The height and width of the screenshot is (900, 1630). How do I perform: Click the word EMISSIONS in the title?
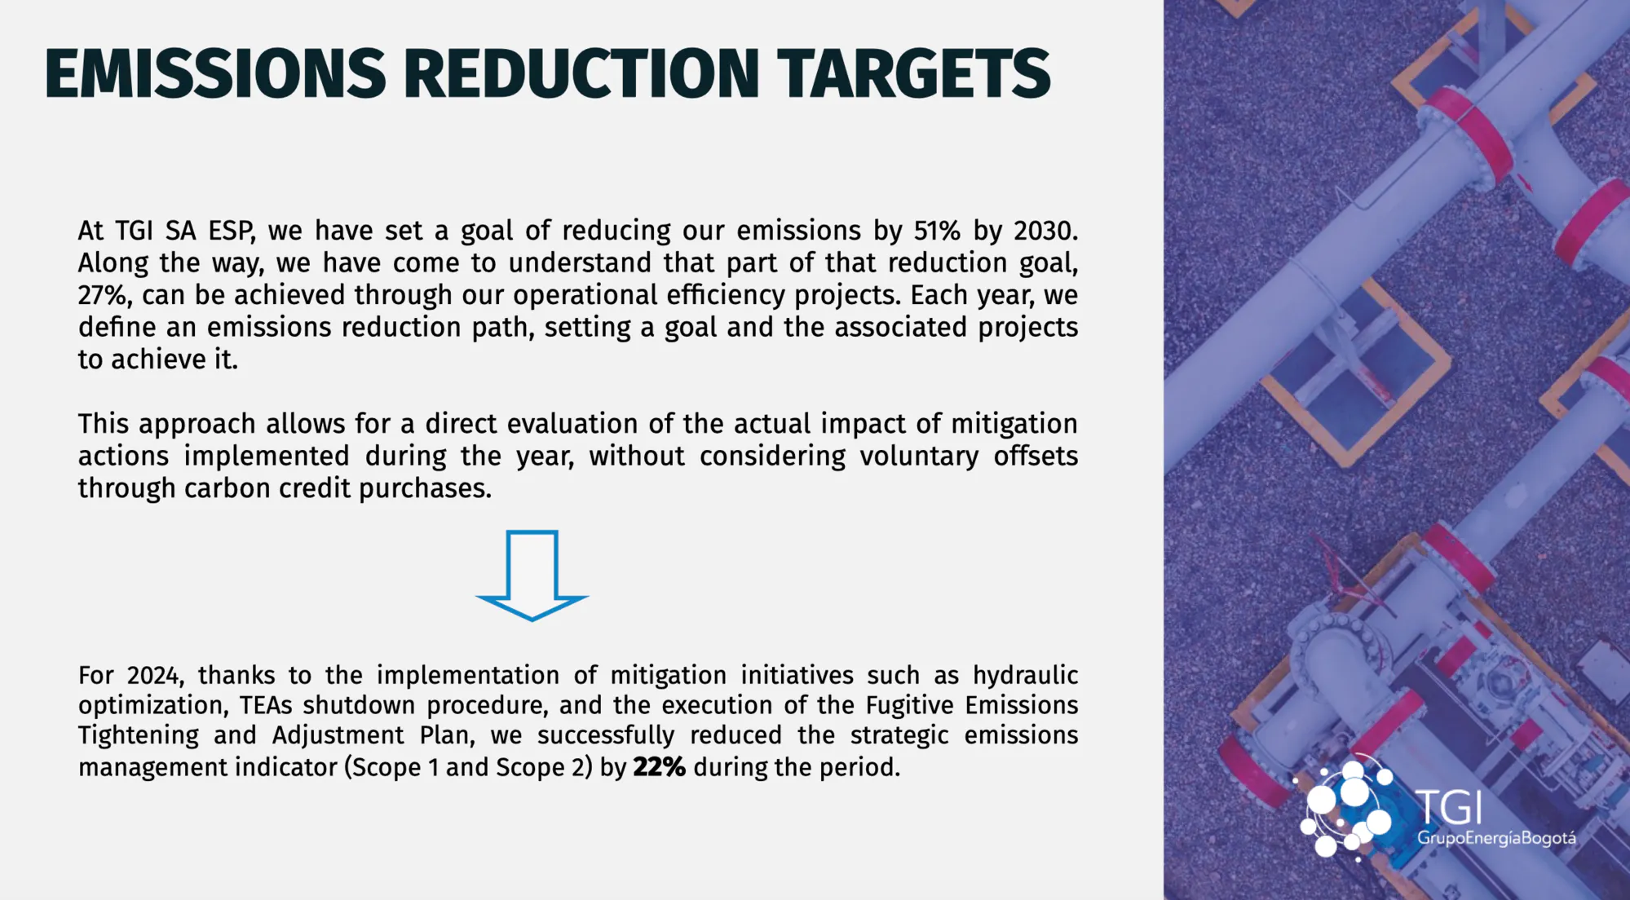click(215, 74)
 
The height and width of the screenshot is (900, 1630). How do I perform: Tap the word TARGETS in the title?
click(913, 74)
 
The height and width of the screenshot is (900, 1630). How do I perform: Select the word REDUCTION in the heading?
click(581, 74)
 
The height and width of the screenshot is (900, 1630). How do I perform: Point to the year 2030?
click(1045, 231)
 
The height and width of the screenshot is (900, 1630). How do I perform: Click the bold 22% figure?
click(659, 767)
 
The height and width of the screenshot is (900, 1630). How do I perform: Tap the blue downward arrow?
click(532, 576)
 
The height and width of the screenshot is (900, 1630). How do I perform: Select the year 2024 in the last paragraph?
click(156, 676)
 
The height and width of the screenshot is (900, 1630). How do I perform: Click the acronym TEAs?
click(266, 705)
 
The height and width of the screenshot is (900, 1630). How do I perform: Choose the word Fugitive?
click(909, 705)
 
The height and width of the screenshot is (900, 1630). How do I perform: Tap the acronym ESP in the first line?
click(232, 231)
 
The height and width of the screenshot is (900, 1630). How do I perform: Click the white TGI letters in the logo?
click(1449, 807)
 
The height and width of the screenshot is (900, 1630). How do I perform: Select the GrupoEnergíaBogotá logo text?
click(1496, 838)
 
